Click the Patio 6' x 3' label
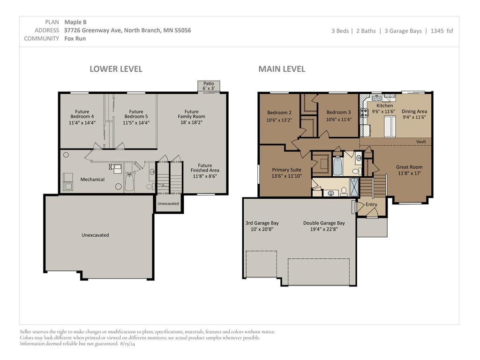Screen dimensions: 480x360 (209, 86)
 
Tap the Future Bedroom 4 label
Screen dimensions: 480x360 (82, 114)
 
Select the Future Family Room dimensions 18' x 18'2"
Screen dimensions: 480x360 (191, 122)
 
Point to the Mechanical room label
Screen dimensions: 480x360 (92, 180)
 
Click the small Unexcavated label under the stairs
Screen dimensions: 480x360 (168, 203)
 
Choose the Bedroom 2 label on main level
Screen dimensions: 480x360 (279, 112)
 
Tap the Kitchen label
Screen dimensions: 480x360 (384, 105)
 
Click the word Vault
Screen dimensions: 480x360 (421, 142)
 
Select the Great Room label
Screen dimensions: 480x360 (409, 167)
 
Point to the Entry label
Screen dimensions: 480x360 (371, 204)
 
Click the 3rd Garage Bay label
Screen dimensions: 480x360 (262, 223)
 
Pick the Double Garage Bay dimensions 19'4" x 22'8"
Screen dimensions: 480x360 (324, 229)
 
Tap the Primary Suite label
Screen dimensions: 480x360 (286, 170)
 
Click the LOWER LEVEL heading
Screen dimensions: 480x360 (116, 69)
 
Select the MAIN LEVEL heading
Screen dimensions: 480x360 (282, 69)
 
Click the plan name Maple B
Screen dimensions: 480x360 (75, 22)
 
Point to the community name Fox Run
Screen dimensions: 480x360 (75, 38)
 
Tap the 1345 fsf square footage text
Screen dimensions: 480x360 (442, 30)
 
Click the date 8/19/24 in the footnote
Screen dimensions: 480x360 (128, 344)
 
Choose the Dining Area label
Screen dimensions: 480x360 (414, 112)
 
